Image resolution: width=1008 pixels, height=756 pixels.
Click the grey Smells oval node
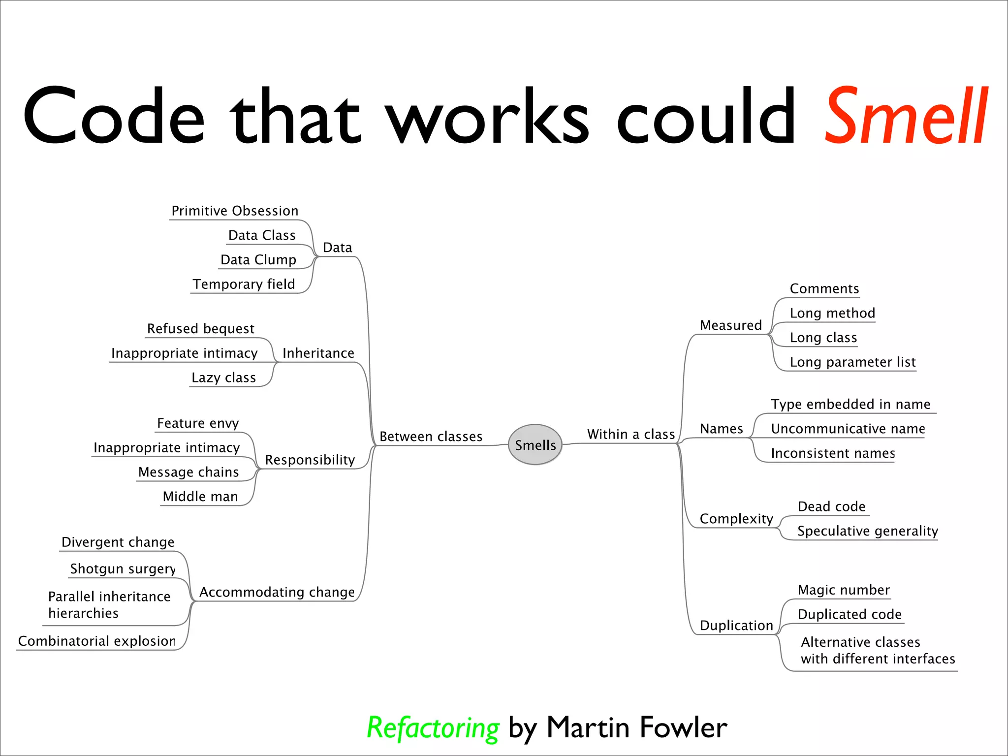(x=535, y=444)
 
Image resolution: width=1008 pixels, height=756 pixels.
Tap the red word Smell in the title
(x=906, y=117)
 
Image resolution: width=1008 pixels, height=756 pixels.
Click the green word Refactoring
(x=433, y=728)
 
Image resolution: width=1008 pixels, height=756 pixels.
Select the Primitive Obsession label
(x=235, y=211)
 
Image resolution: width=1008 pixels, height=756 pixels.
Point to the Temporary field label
(x=244, y=284)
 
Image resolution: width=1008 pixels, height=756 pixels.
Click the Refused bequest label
(x=200, y=329)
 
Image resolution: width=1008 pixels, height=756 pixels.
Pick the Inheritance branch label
(x=318, y=353)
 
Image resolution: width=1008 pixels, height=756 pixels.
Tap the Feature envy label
(x=198, y=423)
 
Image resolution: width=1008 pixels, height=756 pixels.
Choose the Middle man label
(x=200, y=497)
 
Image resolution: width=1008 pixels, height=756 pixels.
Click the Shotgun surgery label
(x=123, y=569)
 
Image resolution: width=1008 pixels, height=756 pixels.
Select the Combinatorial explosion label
(x=97, y=641)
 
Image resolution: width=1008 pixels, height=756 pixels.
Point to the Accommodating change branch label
(x=277, y=592)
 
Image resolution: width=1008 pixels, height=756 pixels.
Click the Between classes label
(x=431, y=437)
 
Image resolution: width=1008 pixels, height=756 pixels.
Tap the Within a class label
(x=630, y=435)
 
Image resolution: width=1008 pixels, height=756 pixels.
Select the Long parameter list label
(x=852, y=362)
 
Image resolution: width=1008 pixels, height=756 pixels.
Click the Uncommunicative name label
(x=848, y=429)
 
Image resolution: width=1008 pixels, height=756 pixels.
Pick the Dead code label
(x=831, y=507)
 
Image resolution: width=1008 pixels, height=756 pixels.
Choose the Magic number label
(x=844, y=590)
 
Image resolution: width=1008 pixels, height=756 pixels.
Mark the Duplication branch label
(x=736, y=626)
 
